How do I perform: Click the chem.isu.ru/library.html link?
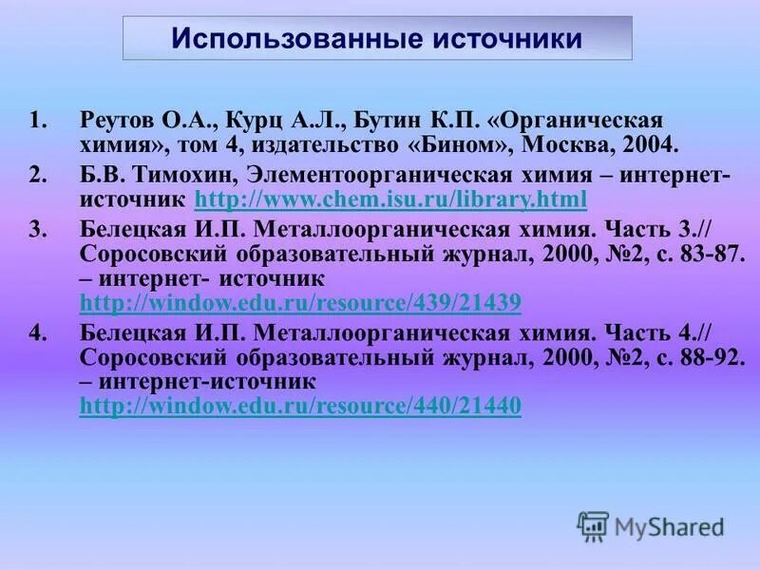(x=390, y=199)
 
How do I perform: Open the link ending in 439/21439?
(x=300, y=303)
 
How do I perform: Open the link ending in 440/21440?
(x=300, y=407)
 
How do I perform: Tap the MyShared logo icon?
(x=593, y=524)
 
